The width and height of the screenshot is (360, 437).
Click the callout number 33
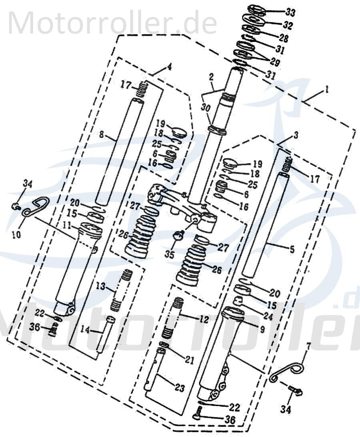tap(290, 13)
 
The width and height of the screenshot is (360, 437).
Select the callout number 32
tap(288, 26)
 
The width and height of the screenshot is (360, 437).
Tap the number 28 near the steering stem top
tap(283, 38)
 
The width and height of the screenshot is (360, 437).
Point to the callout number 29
tap(274, 62)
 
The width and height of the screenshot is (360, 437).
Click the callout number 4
tap(170, 67)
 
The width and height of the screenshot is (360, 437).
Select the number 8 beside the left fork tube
tap(102, 135)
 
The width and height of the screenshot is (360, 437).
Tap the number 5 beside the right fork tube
tap(291, 250)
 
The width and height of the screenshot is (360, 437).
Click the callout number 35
tap(169, 254)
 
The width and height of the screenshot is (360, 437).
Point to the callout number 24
tap(268, 317)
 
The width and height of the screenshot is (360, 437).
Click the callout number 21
tap(189, 360)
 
